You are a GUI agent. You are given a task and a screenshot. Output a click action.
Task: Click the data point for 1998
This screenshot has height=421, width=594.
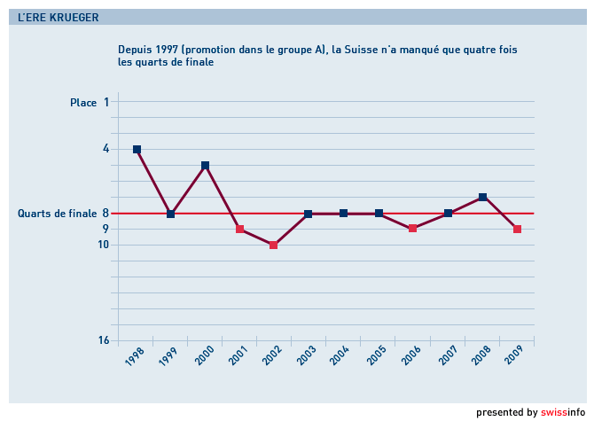tap(137, 150)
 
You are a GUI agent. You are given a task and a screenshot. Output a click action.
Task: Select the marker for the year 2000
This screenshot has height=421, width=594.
tap(205, 166)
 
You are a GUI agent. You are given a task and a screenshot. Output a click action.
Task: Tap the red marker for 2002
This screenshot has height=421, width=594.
tap(274, 245)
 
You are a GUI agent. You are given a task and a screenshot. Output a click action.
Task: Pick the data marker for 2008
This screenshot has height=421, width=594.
tap(482, 197)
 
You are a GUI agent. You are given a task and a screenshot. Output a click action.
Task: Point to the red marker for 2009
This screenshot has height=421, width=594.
tap(517, 230)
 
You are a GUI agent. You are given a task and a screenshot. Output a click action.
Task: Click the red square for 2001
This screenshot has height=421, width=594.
tap(239, 230)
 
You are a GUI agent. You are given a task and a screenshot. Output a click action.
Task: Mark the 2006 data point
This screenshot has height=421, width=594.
tap(412, 229)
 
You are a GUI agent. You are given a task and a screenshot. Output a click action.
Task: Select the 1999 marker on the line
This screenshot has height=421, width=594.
tap(170, 214)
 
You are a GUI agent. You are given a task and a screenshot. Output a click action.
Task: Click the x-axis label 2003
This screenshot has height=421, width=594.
tap(305, 356)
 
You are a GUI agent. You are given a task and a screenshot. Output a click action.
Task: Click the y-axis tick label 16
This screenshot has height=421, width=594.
tap(103, 340)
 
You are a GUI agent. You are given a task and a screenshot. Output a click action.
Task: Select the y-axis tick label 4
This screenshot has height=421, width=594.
tap(106, 149)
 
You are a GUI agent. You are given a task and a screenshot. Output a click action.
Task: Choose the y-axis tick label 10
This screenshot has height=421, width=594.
tap(103, 245)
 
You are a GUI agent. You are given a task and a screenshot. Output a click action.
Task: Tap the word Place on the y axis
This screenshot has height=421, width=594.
tap(83, 103)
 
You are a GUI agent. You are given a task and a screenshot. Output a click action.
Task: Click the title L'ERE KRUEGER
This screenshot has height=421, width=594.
tap(59, 17)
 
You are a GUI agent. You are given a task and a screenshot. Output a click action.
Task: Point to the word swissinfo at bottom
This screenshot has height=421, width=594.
tap(563, 412)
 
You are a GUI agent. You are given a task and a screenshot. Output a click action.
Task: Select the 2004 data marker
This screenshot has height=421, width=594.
tap(343, 214)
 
